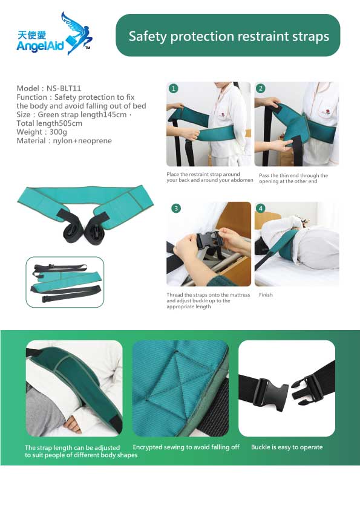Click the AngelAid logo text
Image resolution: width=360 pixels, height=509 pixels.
[41, 46]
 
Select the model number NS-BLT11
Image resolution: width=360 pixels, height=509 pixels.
[64, 88]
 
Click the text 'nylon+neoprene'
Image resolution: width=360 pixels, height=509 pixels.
[82, 141]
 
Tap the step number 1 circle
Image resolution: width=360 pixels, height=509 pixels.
[174, 88]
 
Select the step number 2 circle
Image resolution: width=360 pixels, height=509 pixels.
[261, 88]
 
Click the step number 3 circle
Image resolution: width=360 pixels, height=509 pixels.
[176, 208]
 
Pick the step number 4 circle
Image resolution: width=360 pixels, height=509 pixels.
[261, 208]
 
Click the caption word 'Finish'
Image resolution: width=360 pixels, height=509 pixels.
[266, 295]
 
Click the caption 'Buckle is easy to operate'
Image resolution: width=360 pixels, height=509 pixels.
[287, 447]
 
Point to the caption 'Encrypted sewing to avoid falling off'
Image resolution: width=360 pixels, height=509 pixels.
[186, 447]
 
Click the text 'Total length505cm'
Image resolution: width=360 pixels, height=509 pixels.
[50, 123]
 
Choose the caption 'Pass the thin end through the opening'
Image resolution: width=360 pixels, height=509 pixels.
[293, 178]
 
